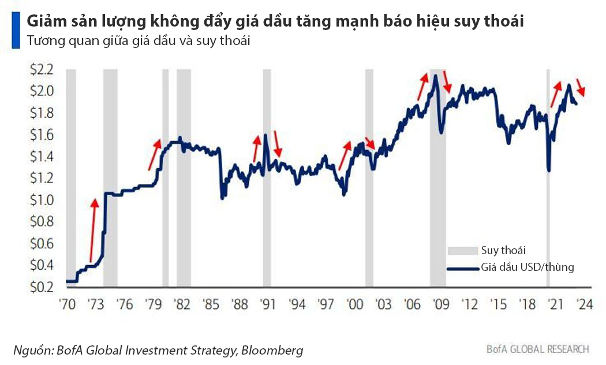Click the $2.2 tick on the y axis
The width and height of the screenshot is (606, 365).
click(42, 70)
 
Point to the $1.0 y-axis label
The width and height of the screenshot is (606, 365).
click(42, 200)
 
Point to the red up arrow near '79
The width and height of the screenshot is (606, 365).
click(154, 154)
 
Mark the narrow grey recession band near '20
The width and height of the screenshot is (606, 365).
click(548, 173)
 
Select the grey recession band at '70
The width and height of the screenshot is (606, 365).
click(71, 173)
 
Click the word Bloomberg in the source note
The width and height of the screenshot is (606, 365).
click(272, 350)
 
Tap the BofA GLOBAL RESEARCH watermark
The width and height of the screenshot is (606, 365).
click(537, 349)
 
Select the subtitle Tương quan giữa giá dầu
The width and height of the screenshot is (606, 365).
click(92, 42)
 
